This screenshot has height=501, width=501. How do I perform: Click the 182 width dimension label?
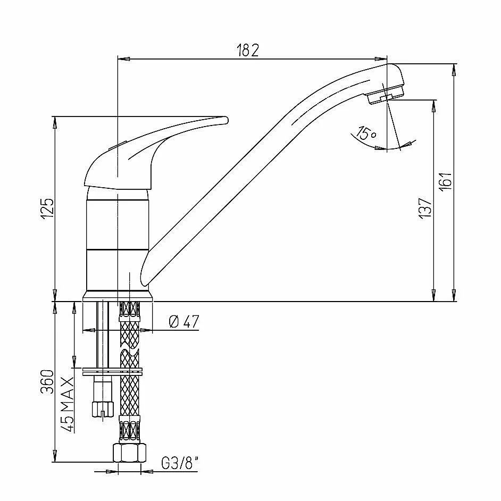[x=248, y=50]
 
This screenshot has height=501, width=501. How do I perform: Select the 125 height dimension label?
[x=48, y=208]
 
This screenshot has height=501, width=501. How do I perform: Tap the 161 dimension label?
[x=446, y=181]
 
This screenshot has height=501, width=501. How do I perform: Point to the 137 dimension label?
[x=425, y=208]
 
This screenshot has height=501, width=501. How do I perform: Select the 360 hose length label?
[x=48, y=381]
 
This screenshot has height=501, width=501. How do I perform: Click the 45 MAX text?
[x=68, y=405]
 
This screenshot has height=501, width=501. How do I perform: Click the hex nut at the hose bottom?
[x=130, y=453]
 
